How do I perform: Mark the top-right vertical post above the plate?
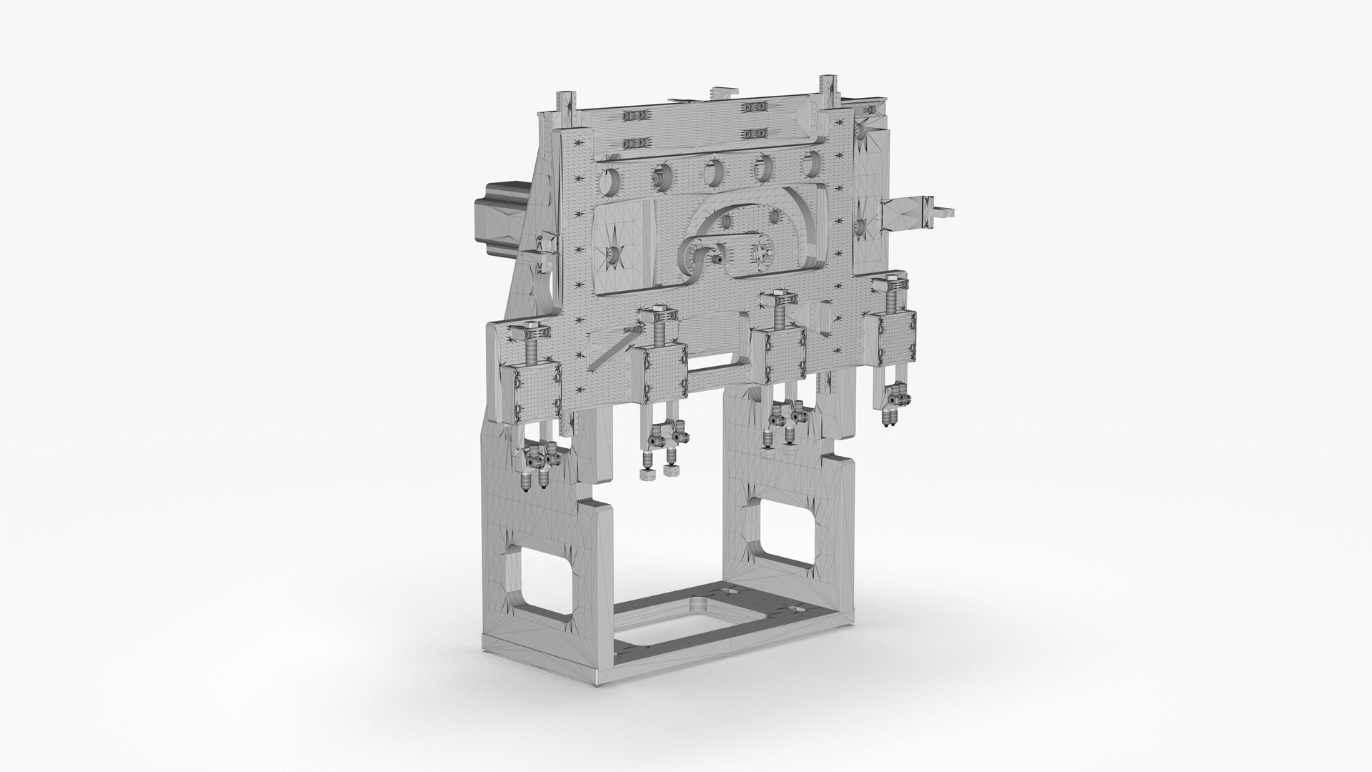coord(828,92)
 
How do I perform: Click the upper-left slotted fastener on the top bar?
coord(634,116)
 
